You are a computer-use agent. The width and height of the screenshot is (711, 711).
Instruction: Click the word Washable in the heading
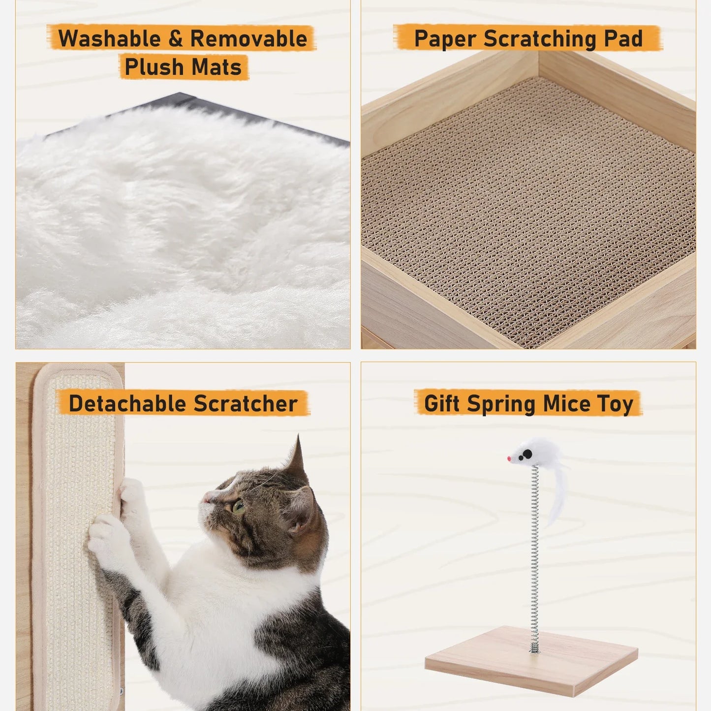pos(110,39)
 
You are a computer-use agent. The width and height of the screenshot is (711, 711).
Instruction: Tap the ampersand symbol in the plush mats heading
pos(176,39)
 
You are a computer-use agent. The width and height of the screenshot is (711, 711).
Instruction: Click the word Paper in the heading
pos(446,39)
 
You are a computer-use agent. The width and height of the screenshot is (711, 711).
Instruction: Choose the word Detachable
pos(127,404)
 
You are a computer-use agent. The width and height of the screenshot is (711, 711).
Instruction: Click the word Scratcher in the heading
pos(246,404)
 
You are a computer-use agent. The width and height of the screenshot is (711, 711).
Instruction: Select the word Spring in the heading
pos(501,404)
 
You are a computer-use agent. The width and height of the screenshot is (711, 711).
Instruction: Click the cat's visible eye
pos(239,506)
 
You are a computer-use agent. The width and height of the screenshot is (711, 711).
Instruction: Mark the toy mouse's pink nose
pos(509,459)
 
